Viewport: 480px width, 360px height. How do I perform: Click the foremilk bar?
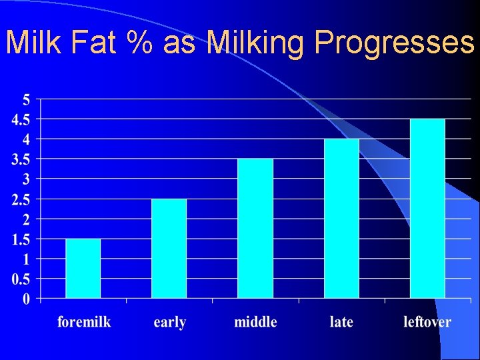pos(83,268)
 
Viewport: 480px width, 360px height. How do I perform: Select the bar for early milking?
pos(169,248)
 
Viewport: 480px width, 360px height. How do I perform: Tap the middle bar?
pos(255,228)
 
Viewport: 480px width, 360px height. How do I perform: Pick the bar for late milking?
pos(341,218)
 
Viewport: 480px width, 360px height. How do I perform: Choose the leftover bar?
pos(427,208)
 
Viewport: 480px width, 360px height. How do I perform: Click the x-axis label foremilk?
pos(84,322)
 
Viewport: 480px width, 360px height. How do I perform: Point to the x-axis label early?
pos(169,322)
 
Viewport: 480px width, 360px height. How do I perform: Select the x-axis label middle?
pos(255,322)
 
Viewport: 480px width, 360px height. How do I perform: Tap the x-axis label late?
pos(341,322)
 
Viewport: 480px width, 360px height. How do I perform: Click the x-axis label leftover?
pos(427,322)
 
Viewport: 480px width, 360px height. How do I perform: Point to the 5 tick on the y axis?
pos(27,100)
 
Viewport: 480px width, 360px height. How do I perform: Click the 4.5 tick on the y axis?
pos(20,119)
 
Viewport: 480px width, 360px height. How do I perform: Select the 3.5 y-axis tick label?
pos(20,159)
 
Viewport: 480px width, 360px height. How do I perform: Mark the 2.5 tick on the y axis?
pos(20,199)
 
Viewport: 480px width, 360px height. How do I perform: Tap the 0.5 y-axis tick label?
pos(20,279)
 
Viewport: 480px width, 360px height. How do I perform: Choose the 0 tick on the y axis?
pos(27,299)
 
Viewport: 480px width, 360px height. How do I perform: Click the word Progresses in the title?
pos(394,43)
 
